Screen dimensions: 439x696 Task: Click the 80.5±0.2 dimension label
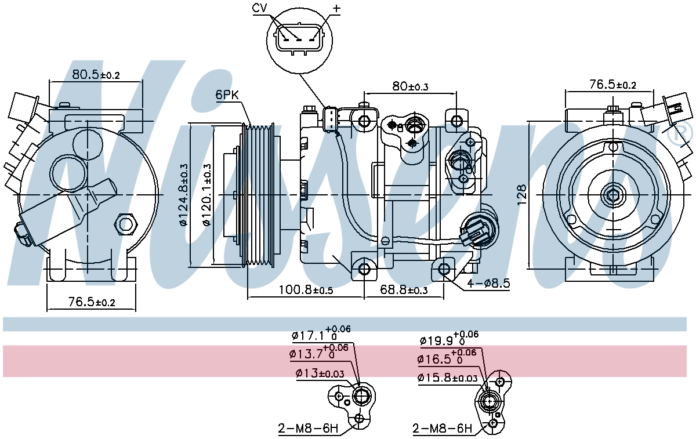96,75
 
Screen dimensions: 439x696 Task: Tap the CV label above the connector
260,8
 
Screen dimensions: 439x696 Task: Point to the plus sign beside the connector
336,8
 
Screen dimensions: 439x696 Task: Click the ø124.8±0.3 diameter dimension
184,195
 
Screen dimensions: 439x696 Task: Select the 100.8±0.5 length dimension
306,289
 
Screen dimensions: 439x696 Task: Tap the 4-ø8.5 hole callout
488,284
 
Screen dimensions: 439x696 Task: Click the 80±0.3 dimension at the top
409,86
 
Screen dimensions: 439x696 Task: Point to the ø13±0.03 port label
319,373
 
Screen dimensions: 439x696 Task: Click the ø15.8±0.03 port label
447,378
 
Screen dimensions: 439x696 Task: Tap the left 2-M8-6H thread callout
307,429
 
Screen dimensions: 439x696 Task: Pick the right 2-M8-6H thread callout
442,429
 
